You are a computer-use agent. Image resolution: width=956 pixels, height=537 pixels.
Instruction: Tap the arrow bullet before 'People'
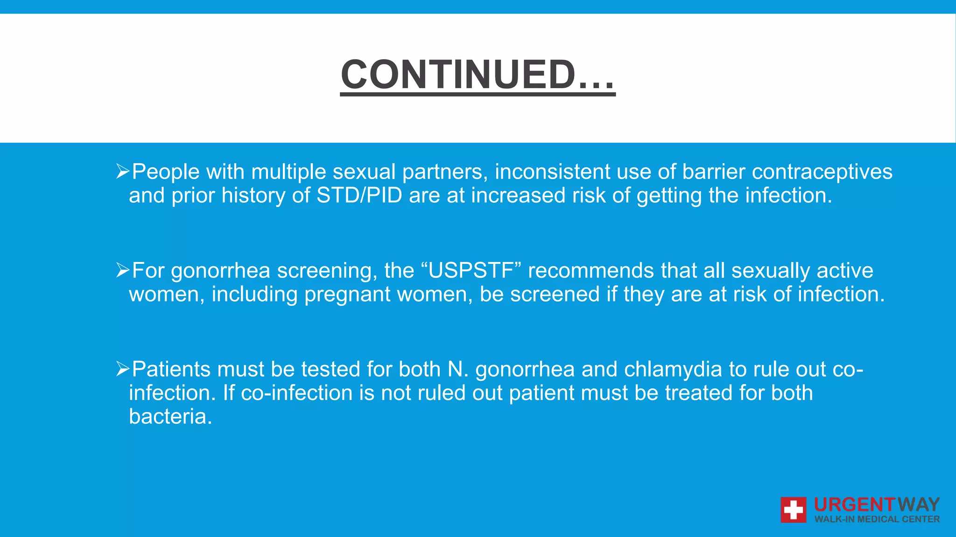122,172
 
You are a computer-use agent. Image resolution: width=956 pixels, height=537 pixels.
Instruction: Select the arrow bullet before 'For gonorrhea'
122,270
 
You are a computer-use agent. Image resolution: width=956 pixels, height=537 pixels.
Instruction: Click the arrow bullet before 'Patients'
122,369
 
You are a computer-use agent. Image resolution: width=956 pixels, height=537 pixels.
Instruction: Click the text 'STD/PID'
359,196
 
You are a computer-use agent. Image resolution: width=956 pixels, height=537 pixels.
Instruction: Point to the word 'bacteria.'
170,417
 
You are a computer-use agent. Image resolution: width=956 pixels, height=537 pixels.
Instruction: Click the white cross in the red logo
793,509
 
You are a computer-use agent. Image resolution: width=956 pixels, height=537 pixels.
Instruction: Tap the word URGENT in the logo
854,505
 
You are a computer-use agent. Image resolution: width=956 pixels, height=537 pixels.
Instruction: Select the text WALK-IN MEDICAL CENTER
877,519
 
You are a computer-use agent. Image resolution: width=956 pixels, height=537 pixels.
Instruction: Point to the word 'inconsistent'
552,172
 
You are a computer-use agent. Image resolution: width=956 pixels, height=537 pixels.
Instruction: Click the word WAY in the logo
918,505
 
